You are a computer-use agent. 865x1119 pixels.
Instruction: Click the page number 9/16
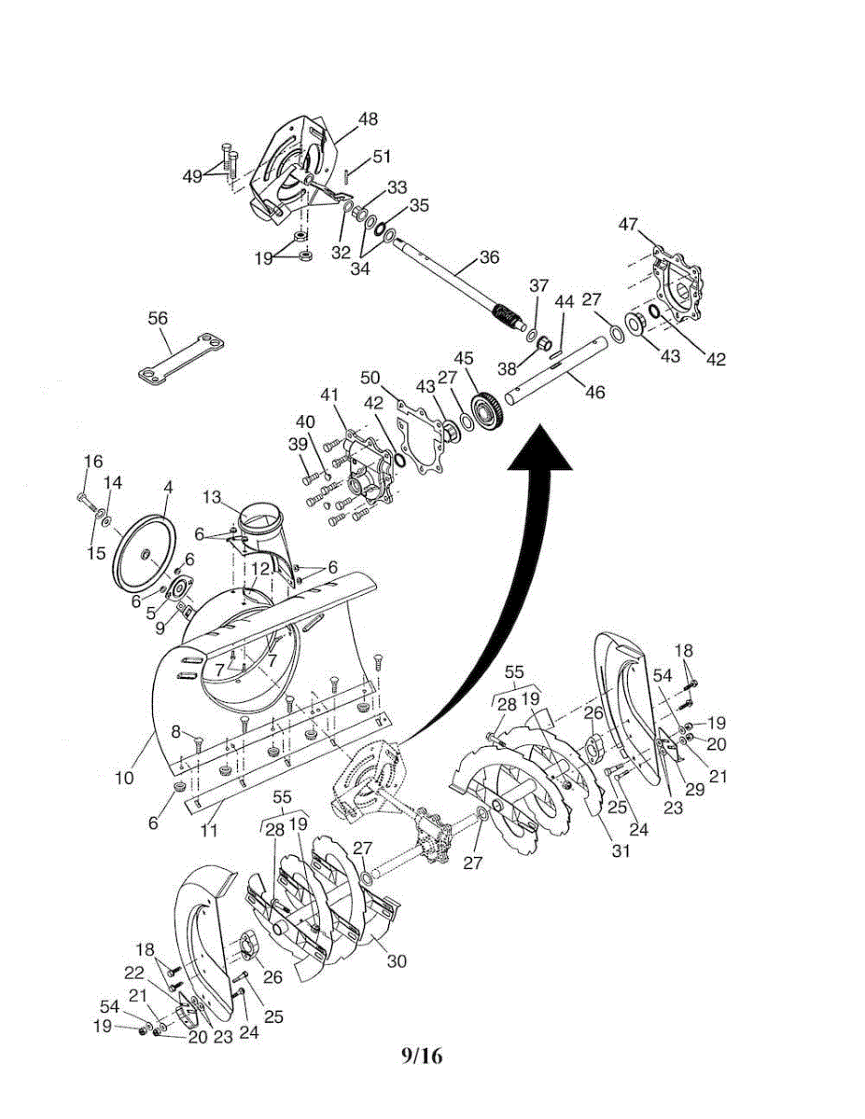point(422,1056)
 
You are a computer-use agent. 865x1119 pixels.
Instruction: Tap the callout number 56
point(158,318)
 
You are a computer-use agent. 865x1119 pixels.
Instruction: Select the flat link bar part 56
point(182,358)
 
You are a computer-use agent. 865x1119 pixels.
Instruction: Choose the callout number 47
point(628,224)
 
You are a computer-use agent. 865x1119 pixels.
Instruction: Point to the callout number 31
point(621,850)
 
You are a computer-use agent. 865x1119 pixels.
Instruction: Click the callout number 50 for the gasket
point(370,377)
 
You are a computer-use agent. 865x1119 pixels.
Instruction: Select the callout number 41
point(328,395)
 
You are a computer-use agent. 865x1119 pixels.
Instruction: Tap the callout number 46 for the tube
point(594,393)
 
